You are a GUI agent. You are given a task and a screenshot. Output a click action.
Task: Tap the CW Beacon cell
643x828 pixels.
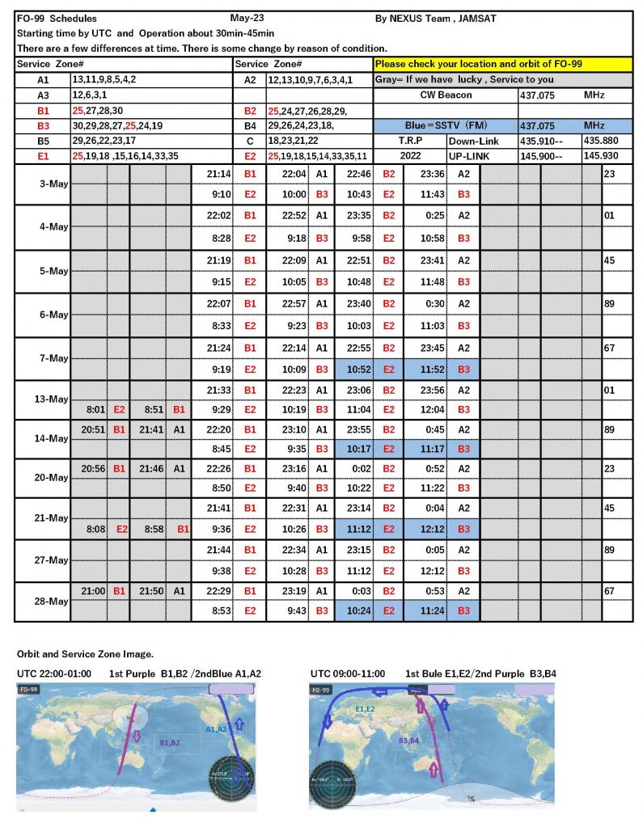point(445,95)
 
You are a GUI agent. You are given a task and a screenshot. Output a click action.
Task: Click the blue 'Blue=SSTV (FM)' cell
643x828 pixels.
point(445,126)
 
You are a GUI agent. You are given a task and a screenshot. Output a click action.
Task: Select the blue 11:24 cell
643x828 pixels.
point(424,611)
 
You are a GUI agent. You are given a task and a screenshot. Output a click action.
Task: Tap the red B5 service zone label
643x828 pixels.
point(42,141)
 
